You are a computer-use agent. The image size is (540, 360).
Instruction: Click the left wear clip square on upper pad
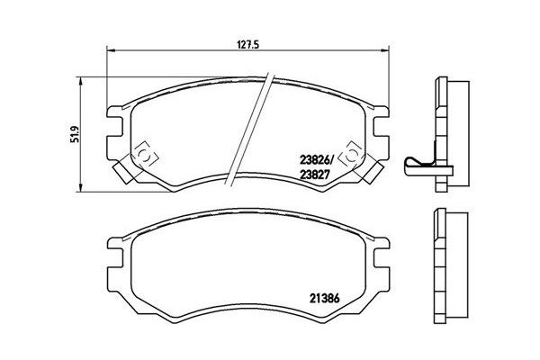point(142,155)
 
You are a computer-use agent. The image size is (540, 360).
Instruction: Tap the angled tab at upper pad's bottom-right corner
point(373,167)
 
